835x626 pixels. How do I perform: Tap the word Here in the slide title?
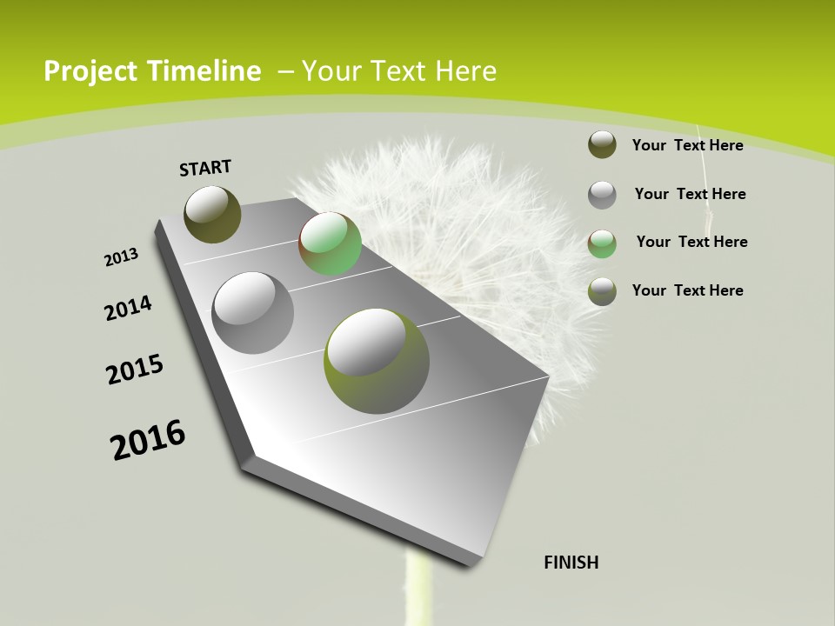tap(465, 71)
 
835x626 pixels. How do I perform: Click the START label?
tap(205, 168)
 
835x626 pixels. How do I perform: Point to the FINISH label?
tap(571, 563)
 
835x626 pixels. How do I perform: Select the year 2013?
tap(121, 257)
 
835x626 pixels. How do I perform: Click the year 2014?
tap(128, 309)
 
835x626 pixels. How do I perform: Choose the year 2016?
tap(148, 440)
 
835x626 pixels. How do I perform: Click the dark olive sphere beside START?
tap(212, 214)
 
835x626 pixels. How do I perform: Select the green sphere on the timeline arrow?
tap(330, 243)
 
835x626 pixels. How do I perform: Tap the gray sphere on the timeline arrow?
tap(252, 313)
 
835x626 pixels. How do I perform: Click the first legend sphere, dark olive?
tap(602, 144)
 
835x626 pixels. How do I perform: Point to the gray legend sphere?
tap(602, 195)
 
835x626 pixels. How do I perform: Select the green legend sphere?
tap(602, 243)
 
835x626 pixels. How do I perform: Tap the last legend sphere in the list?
tap(602, 291)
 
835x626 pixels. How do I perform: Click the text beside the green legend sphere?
tap(691, 242)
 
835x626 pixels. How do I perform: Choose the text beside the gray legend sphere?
tap(690, 194)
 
